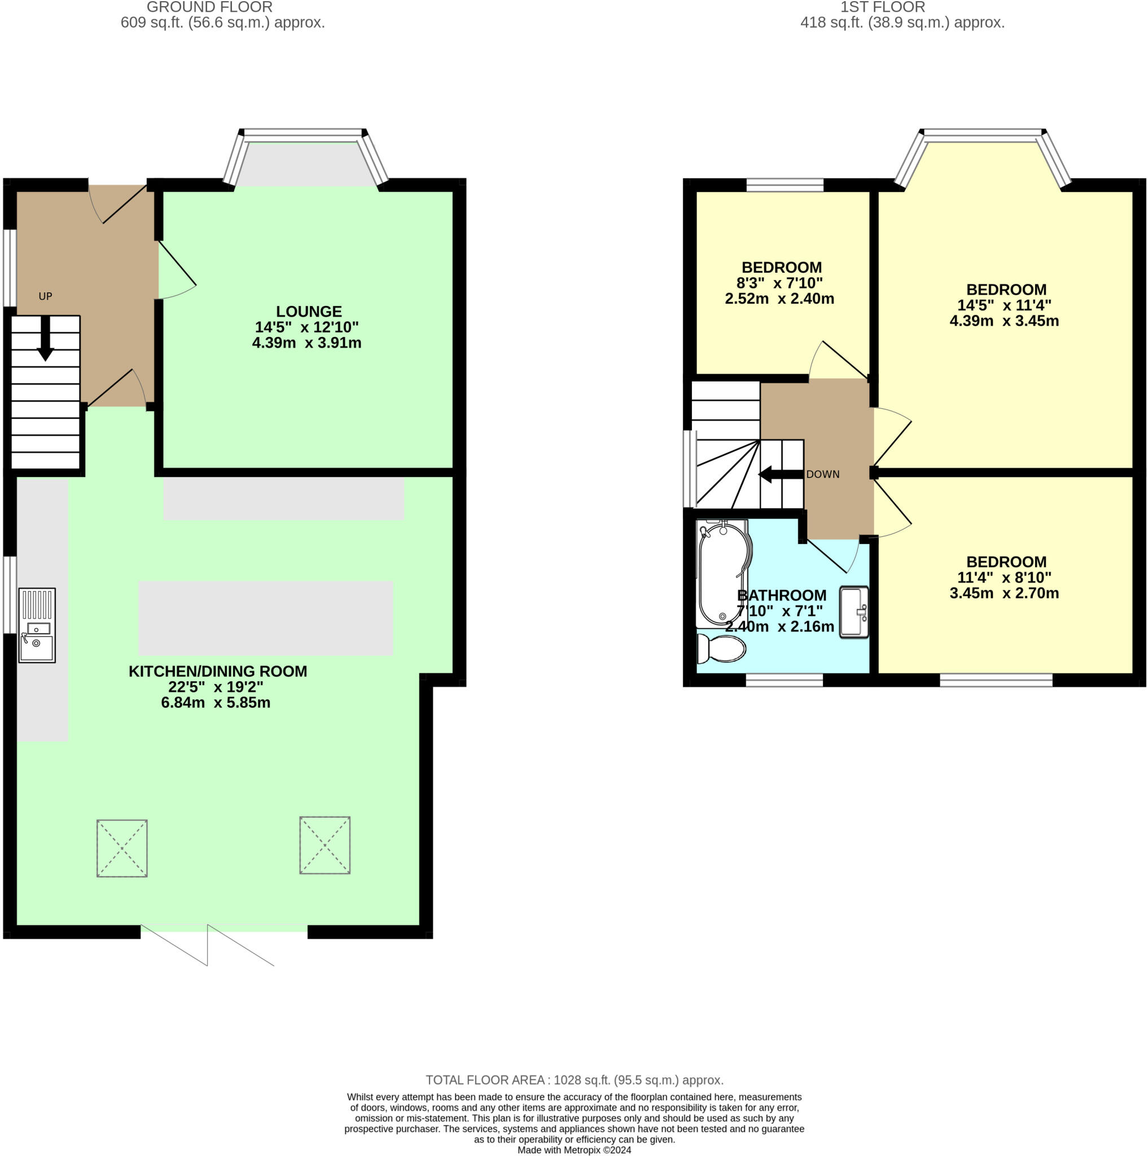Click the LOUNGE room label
point(309,311)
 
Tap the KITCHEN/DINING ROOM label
point(218,671)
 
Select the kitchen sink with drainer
point(37,625)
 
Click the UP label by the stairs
point(46,296)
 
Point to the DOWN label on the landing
point(822,474)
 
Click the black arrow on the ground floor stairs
point(46,339)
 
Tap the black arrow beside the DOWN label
point(781,475)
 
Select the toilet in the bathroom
point(721,649)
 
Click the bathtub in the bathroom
point(722,573)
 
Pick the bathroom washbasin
point(855,611)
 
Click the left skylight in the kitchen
point(122,848)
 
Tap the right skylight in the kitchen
point(325,845)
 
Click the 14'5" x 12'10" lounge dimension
point(307,327)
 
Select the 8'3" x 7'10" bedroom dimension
point(779,283)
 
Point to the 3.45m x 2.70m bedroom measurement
point(1005,593)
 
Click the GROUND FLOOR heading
point(209,7)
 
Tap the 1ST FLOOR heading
point(882,7)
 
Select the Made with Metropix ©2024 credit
point(575,1150)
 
